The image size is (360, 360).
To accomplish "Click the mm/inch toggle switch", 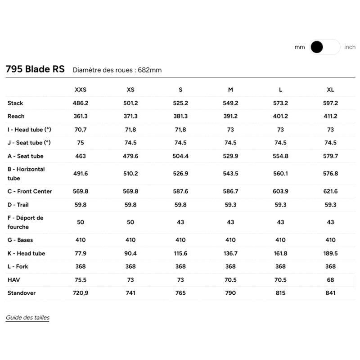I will pos(324,47).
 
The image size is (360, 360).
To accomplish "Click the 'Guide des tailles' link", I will pos(27,318).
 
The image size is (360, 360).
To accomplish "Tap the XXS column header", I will pos(80,90).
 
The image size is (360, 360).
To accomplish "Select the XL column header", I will pos(330,90).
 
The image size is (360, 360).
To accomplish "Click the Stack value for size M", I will pos(230,103).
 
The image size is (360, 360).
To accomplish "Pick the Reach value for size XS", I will pos(130,116).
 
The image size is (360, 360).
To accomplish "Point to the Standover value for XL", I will pos(330,293).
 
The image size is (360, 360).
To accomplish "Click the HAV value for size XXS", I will pos(80,280).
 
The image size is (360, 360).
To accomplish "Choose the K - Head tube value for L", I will pos(280,253).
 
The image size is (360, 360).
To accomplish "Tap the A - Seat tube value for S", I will pos(180,156).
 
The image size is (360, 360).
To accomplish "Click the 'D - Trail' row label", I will pos(18,205).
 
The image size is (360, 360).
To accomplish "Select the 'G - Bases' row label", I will pos(20,240).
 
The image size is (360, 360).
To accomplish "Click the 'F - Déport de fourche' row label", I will pos(26,222).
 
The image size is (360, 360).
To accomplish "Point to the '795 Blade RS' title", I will pos(35,69).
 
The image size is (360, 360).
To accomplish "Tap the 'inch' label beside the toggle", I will pos(350,47).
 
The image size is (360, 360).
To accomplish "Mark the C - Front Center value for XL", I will pos(330,191).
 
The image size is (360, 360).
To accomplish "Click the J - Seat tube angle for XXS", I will pos(80,143).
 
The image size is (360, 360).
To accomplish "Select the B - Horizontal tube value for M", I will pos(230,174).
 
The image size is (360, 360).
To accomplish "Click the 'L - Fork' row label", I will pos(18,266).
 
